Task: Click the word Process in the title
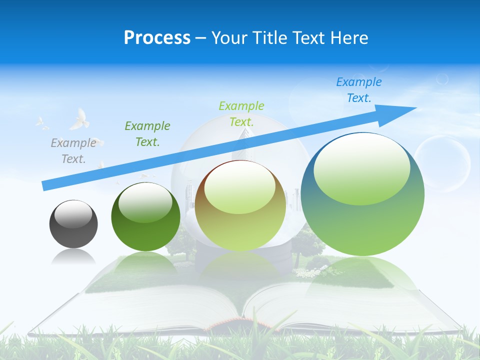click(x=157, y=38)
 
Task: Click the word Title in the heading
click(x=270, y=38)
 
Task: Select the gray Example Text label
click(x=73, y=151)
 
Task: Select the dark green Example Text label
click(x=147, y=134)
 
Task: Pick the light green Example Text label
click(x=241, y=113)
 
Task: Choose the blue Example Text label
click(x=359, y=90)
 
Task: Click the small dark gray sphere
click(x=73, y=230)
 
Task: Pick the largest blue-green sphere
click(x=362, y=220)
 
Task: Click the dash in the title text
click(x=201, y=38)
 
